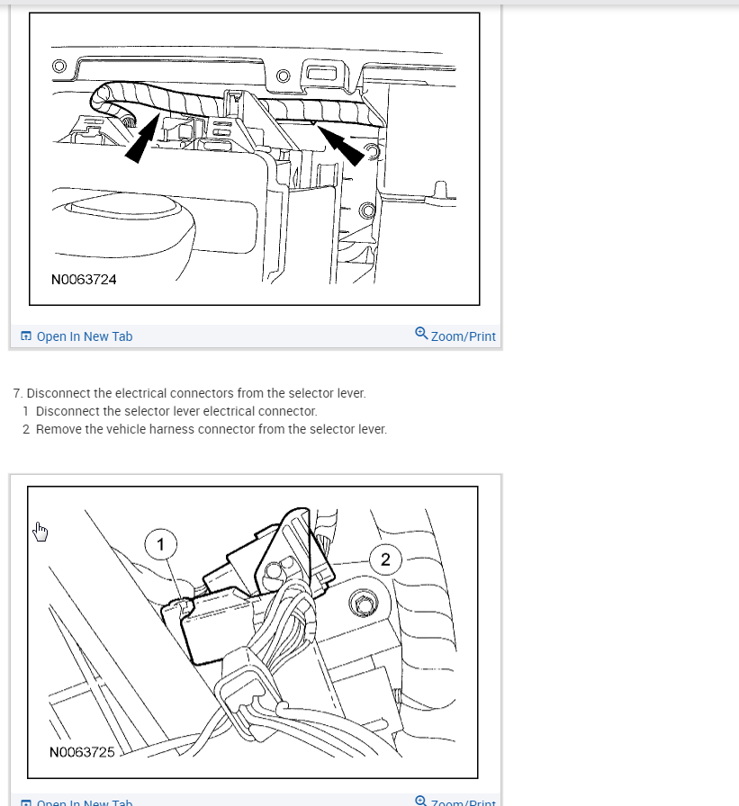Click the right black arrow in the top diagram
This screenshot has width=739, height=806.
pos(344,146)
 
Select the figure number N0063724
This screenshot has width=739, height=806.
pos(84,279)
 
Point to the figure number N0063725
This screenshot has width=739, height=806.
pos(83,751)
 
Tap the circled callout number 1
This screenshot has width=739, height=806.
pos(161,543)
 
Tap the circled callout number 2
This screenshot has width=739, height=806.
pos(385,560)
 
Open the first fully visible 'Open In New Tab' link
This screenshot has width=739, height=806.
pos(84,336)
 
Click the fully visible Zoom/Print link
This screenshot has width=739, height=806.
pos(463,336)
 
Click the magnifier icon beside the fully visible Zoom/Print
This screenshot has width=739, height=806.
pos(421,334)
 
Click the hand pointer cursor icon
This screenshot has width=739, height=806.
pos(39,532)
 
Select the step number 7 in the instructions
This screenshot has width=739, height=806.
pos(17,393)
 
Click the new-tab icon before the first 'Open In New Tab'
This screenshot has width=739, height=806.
pos(26,336)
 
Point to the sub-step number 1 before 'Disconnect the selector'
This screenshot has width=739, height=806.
pos(26,411)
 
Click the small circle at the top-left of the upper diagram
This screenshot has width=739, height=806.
pos(59,66)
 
